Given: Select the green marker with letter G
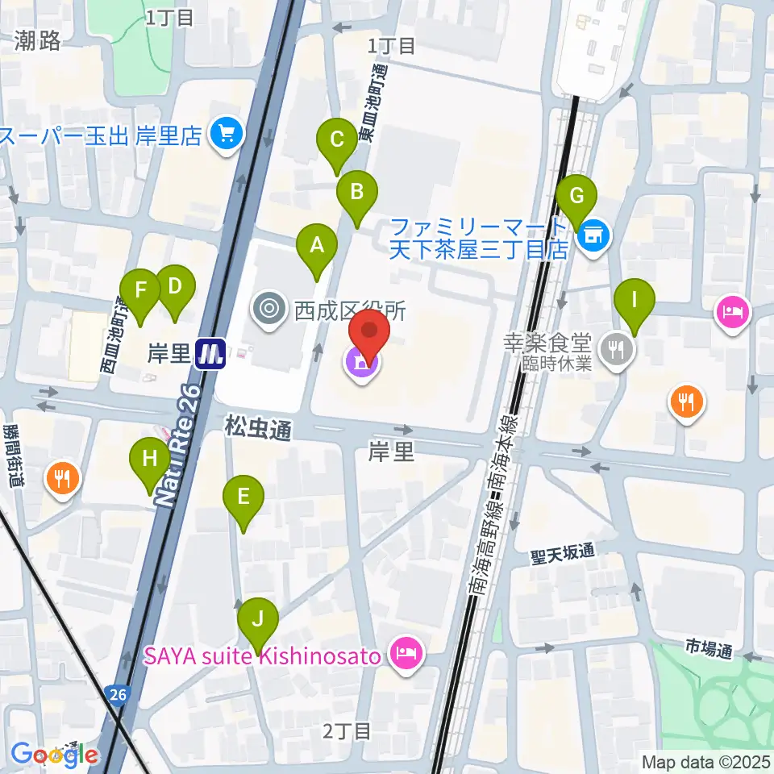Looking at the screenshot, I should [x=576, y=196].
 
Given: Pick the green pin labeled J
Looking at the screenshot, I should [x=258, y=620].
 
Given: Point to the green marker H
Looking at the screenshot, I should [x=150, y=460].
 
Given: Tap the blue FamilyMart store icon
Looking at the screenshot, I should [x=593, y=235].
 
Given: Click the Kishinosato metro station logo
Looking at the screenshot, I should [x=210, y=353].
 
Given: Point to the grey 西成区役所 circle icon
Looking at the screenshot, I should [x=267, y=307].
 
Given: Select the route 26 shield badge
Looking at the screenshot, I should [x=119, y=693].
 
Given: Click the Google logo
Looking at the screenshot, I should [x=55, y=754].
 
